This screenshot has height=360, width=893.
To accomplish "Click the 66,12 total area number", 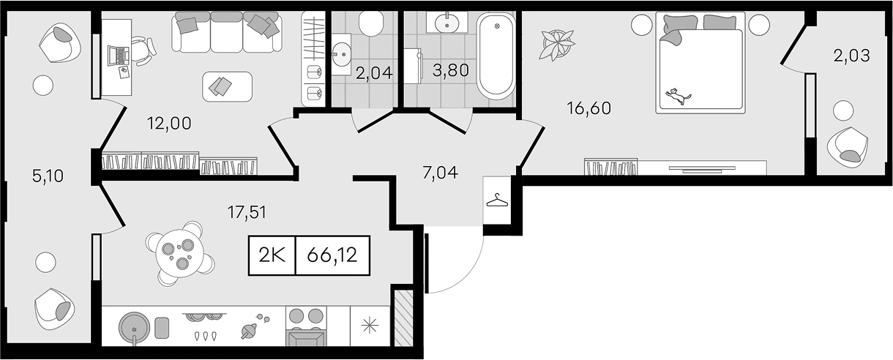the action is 332,255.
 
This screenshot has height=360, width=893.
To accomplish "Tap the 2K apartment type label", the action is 272,255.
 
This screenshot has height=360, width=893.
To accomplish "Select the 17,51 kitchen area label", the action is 247,212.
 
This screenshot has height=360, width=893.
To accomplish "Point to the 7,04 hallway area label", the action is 440,173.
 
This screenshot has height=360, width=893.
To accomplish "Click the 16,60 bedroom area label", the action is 589,108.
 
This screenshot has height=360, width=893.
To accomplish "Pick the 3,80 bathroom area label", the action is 451,70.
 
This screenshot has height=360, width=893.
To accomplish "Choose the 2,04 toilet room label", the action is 374,73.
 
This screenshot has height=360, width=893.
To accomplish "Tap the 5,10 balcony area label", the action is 48,176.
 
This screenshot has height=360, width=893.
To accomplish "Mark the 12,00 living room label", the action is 169,123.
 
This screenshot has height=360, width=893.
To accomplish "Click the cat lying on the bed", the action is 678,96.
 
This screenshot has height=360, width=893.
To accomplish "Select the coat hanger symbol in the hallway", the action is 498,200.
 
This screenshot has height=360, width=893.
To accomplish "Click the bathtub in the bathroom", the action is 496,56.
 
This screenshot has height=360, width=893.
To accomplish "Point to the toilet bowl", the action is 371,23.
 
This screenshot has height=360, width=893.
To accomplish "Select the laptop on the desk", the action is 118,55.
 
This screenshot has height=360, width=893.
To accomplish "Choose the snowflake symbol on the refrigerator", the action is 370,327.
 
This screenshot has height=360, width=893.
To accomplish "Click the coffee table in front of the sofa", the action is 227,86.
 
